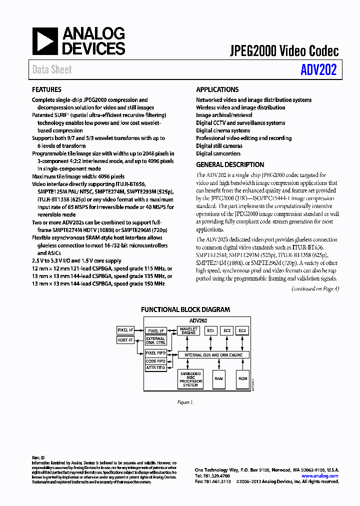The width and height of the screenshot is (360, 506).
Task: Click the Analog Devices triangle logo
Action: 45,41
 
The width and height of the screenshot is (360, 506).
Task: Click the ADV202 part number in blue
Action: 318,70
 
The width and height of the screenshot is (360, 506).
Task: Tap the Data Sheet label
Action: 52,70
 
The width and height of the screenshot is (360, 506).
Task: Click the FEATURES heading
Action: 47,90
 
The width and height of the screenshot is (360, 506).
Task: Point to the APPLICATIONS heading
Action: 217,90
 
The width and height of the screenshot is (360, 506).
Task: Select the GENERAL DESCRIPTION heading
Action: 230,164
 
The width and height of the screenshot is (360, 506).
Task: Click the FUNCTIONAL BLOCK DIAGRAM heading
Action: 185,309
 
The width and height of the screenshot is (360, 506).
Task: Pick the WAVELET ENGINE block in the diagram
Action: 188,330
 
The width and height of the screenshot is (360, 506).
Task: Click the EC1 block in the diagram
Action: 210,330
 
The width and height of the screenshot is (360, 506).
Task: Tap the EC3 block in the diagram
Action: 242,330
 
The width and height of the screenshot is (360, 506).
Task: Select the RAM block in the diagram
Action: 218,379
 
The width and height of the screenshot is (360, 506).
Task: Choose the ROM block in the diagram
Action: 242,379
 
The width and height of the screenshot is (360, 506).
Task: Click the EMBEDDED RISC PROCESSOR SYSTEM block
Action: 190,379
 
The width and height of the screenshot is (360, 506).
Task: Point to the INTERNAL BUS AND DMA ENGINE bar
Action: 214,354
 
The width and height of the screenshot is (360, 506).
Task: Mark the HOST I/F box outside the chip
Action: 125,340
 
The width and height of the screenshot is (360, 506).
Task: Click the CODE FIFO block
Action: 155,361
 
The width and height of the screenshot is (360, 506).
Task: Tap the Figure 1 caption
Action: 185,402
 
